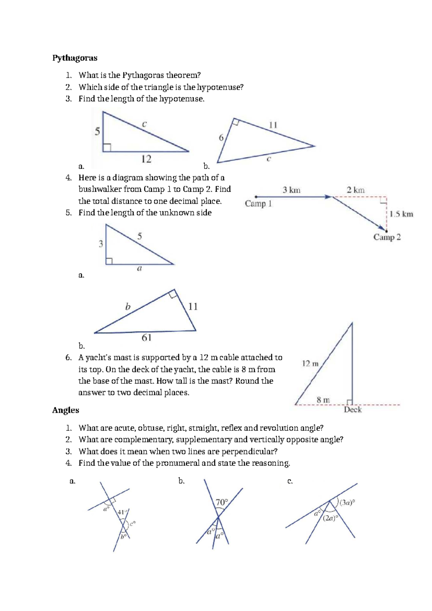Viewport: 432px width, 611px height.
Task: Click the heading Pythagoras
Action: (75, 58)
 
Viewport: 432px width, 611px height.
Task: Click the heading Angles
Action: (66, 410)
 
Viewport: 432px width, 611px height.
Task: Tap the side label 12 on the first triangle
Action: (146, 159)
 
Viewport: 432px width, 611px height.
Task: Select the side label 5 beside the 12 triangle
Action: (97, 131)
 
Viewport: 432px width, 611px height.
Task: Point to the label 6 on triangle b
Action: (221, 138)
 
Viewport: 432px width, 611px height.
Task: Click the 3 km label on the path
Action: (291, 190)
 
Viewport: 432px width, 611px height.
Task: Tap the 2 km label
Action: (355, 190)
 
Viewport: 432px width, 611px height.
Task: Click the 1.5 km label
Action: (401, 214)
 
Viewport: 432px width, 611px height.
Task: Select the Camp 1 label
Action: (258, 204)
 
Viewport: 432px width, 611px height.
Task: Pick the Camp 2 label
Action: (387, 237)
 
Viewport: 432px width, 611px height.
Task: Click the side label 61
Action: (147, 338)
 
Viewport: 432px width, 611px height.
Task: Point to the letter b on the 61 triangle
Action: (127, 307)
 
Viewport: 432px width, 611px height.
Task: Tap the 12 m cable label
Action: (310, 364)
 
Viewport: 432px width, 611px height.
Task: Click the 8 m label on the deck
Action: (323, 400)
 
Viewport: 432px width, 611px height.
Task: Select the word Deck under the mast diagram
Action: (352, 410)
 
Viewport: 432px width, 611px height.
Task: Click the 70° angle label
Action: (222, 502)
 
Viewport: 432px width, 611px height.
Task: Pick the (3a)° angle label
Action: (347, 503)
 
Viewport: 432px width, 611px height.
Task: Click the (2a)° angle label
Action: (330, 518)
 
